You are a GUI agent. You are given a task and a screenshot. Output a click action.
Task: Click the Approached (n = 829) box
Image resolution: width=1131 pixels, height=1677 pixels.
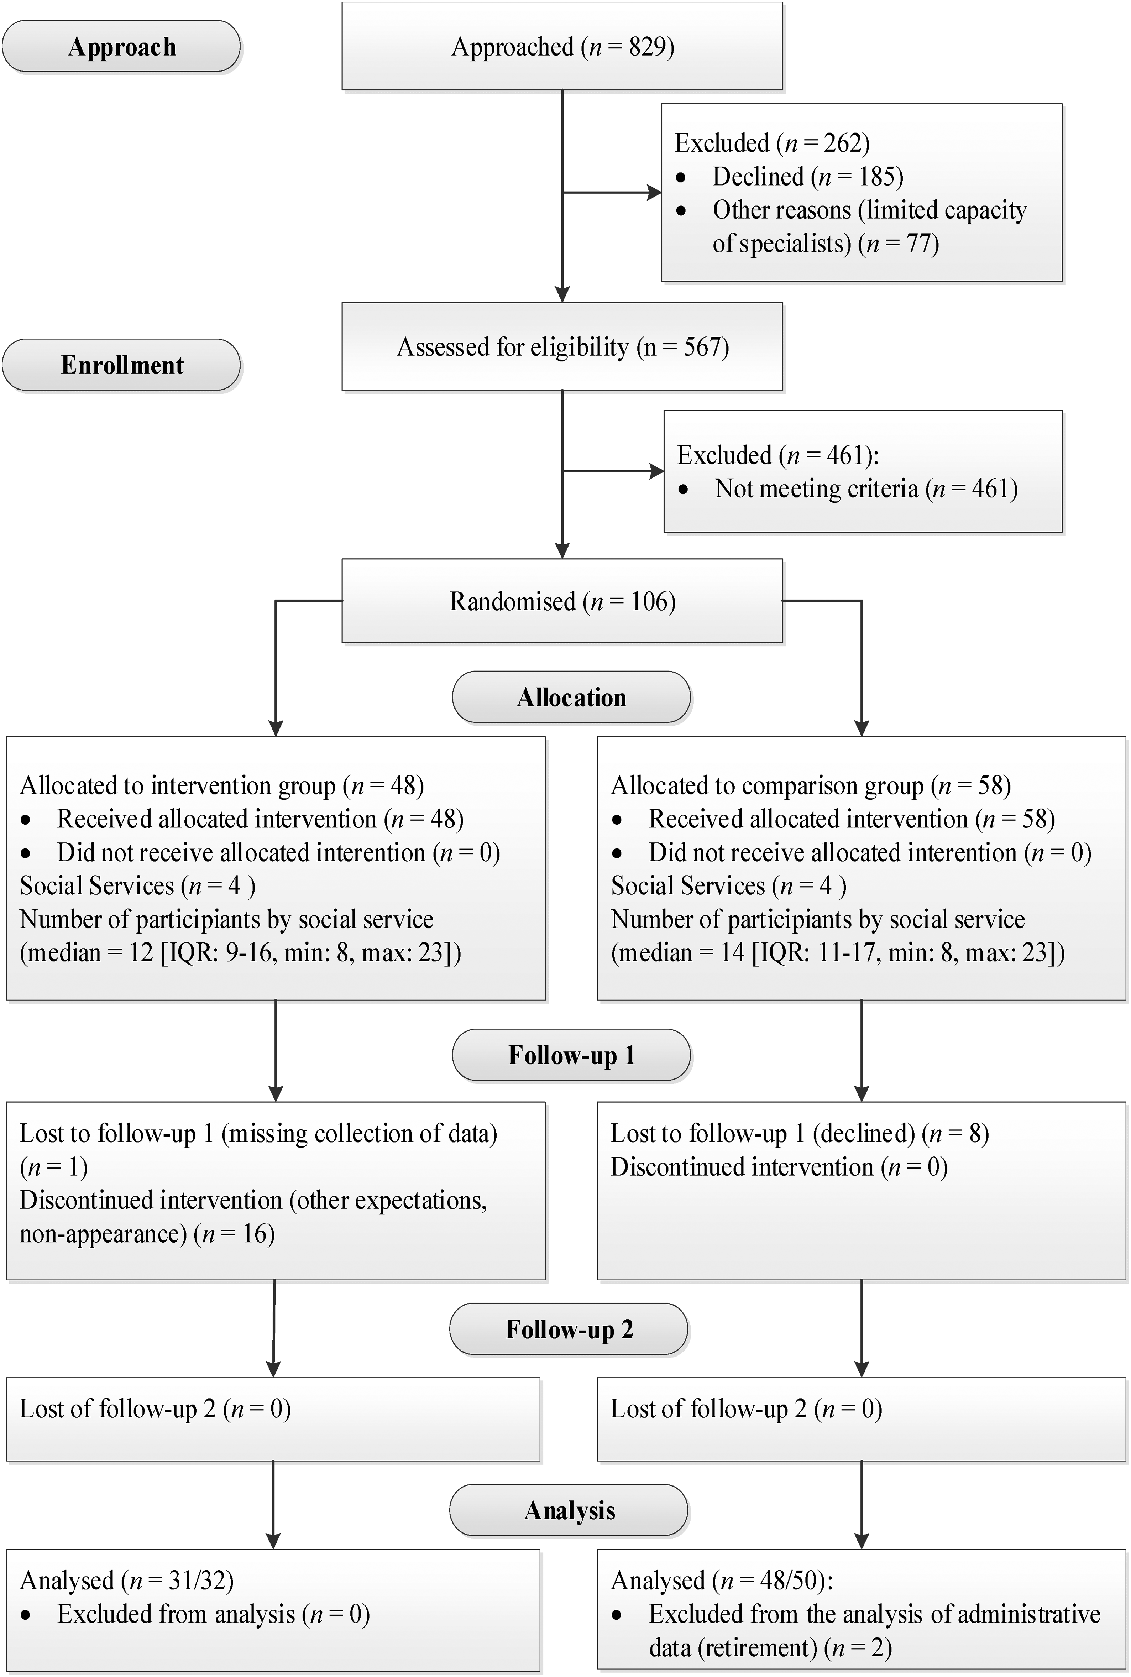(562, 46)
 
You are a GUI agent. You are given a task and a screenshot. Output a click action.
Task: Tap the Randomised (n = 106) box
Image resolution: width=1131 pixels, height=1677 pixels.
(562, 601)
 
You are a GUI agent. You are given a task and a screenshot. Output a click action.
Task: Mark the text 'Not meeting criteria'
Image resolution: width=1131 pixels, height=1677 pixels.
(816, 488)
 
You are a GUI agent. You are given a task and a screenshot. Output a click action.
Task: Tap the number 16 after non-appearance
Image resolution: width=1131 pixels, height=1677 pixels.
(254, 1233)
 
